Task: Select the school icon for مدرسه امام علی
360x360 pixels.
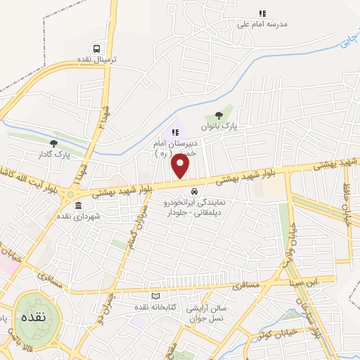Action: click(x=262, y=13)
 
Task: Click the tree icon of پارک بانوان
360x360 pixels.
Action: click(x=219, y=114)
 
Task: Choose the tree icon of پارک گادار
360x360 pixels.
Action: click(x=54, y=143)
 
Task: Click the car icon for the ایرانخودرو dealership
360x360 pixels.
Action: click(x=194, y=191)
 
